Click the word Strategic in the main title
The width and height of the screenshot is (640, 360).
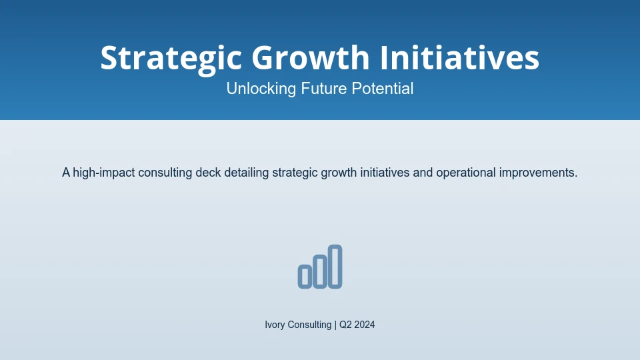[x=171, y=59]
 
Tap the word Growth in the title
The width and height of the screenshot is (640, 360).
[x=311, y=57]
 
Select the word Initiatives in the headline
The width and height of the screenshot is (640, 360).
[x=459, y=57]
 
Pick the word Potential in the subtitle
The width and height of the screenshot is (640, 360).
[x=383, y=89]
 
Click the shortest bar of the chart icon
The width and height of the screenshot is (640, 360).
[x=305, y=277]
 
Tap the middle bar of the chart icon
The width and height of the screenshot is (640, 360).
[x=320, y=271]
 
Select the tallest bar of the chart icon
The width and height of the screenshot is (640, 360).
[x=335, y=267]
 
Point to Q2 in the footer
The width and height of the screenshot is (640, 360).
[x=345, y=325]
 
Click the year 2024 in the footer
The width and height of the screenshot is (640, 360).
[x=365, y=325]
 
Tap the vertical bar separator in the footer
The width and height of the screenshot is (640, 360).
[x=335, y=325]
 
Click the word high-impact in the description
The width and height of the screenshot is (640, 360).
[x=104, y=173]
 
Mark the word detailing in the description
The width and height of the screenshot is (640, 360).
[x=247, y=173]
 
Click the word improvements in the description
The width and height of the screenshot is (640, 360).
[x=537, y=173]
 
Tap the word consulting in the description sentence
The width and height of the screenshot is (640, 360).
[x=165, y=173]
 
